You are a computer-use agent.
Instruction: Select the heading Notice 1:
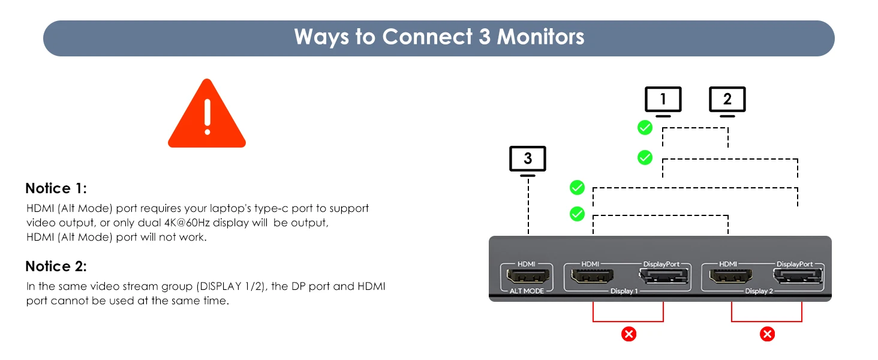(x=56, y=188)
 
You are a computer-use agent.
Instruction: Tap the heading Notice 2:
(x=56, y=266)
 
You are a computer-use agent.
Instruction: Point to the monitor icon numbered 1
(x=663, y=100)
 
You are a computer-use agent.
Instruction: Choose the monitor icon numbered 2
(x=727, y=100)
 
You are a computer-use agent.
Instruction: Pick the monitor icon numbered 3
(x=527, y=159)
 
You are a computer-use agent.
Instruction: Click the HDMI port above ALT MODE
(x=527, y=277)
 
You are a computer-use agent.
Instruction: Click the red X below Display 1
(x=629, y=334)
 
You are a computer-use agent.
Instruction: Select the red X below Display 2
(x=767, y=334)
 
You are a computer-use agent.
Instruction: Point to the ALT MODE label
(x=527, y=291)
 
